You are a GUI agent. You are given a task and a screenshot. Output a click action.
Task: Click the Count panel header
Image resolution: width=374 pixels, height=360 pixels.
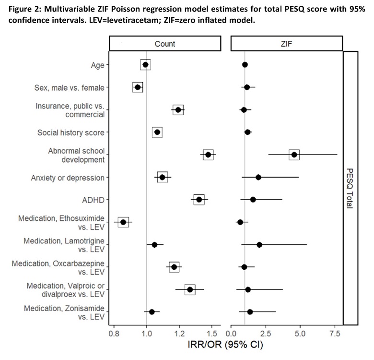(x=164, y=44)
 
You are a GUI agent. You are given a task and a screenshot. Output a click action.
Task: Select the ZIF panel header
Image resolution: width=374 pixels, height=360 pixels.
(x=287, y=44)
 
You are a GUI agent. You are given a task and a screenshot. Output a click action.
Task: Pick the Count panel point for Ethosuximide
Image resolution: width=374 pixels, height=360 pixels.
(x=123, y=222)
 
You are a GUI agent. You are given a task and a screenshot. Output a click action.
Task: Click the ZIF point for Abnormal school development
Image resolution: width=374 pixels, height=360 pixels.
(x=294, y=155)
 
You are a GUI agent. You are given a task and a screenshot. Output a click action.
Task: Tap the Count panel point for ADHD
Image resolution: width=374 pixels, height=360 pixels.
(x=199, y=200)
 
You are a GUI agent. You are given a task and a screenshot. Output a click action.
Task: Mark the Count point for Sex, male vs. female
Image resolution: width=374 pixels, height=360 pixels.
(x=138, y=87)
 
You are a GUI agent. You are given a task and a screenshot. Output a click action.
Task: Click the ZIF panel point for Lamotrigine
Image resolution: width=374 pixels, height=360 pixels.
(x=259, y=245)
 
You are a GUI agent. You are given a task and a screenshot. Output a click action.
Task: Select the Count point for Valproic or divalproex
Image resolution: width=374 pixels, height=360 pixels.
(x=190, y=289)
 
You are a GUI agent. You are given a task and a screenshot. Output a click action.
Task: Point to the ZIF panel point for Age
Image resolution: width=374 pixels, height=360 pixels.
(x=245, y=65)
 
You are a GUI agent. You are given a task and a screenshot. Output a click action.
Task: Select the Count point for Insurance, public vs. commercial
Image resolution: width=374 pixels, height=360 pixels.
(x=178, y=110)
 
